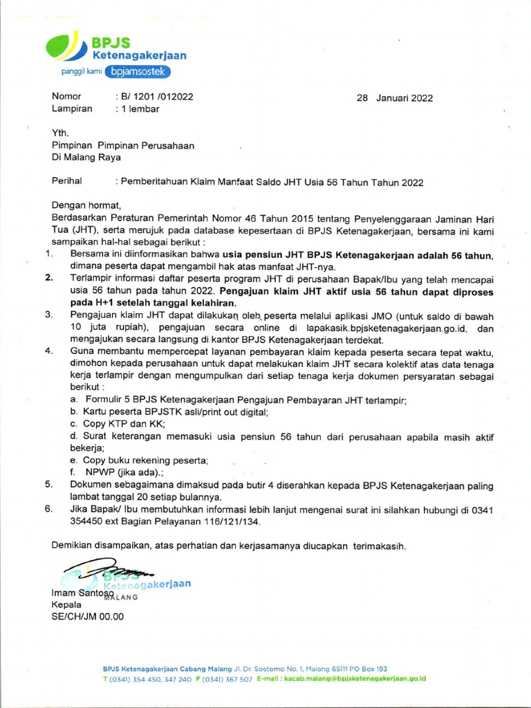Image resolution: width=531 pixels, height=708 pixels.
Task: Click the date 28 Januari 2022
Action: [394, 97]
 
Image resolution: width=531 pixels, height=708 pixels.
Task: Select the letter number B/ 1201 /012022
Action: [156, 97]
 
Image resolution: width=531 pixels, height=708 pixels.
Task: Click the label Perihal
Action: [67, 182]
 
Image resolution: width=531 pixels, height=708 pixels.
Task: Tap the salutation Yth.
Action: [61, 133]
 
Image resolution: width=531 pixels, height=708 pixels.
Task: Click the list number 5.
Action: [49, 485]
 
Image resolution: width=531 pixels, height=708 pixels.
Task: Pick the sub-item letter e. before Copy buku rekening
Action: [73, 460]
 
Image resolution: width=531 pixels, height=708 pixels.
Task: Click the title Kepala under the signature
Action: [67, 604]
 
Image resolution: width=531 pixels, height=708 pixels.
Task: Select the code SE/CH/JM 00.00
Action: [87, 616]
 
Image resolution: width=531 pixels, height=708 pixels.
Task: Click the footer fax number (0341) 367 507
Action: [228, 679]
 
